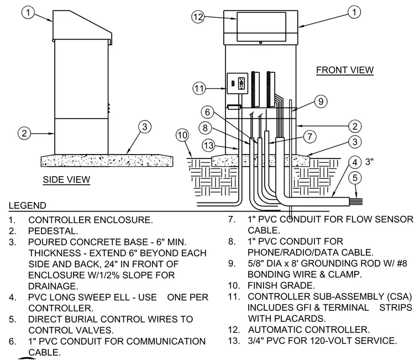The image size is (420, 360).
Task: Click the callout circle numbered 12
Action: coord(198,17)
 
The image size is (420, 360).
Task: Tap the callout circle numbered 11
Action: coord(199,88)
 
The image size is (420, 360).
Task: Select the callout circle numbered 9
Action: coord(321,102)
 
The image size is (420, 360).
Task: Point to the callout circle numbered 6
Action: coord(207,112)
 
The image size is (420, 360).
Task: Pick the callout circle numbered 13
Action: coord(208,146)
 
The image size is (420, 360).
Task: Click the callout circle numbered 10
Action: coord(182,135)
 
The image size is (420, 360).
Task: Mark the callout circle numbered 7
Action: coord(309,136)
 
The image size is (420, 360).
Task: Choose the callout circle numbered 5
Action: coord(355,178)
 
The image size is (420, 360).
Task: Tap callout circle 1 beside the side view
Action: coord(28,12)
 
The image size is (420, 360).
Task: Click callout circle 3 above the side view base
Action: coord(145,126)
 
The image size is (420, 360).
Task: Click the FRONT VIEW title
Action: coord(345,70)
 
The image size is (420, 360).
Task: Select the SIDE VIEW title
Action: coord(66,179)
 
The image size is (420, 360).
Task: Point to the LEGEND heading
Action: coord(27,205)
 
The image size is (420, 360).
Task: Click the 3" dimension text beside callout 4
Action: coord(369,162)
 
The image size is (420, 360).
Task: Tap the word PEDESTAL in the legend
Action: coord(53,231)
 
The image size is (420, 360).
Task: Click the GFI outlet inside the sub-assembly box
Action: coord(242,83)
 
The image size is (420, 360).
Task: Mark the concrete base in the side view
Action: coord(107,160)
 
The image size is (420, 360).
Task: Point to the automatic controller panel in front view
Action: coord(261,27)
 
